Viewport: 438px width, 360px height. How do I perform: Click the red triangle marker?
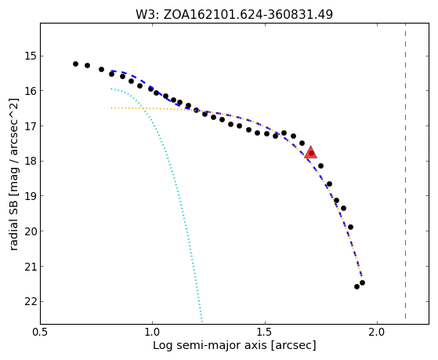pyautogui.click(x=310, y=152)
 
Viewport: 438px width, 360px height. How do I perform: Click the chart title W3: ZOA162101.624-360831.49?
pyautogui.click(x=234, y=15)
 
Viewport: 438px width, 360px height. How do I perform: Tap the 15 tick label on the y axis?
pyautogui.click(x=31, y=56)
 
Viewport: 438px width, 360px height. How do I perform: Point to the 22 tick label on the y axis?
pyautogui.click(x=31, y=301)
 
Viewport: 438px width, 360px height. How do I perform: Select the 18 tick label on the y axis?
pyautogui.click(x=31, y=161)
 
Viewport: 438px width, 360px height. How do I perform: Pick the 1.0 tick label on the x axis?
pyautogui.click(x=153, y=332)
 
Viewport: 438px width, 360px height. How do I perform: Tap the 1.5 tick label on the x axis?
pyautogui.click(x=265, y=332)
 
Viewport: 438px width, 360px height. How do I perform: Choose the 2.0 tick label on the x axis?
pyautogui.click(x=378, y=332)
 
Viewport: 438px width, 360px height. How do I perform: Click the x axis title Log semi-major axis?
pyautogui.click(x=210, y=346)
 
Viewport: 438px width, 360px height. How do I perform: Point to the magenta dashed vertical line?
pyautogui.click(x=405, y=171)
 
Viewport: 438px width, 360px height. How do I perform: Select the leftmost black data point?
pyautogui.click(x=75, y=64)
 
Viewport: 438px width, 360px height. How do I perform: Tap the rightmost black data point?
pyautogui.click(x=362, y=283)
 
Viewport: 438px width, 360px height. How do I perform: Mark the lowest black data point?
pyautogui.click(x=357, y=287)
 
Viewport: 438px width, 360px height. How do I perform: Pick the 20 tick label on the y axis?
pyautogui.click(x=31, y=231)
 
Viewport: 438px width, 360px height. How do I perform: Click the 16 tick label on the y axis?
pyautogui.click(x=31, y=91)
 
